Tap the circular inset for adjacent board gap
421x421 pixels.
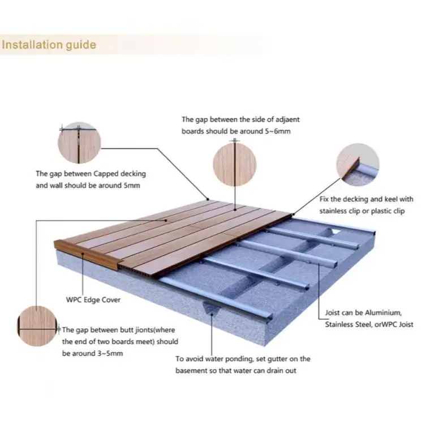pos(234,165)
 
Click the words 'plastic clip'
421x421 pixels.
pos(394,211)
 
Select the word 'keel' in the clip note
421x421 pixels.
pos(385,199)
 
